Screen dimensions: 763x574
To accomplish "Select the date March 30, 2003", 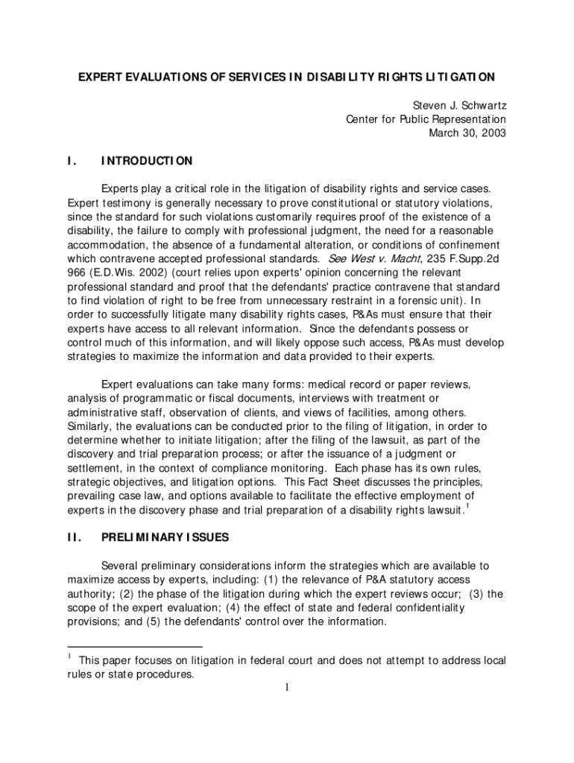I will tap(467, 133).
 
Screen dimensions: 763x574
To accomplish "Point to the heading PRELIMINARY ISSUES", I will tap(165, 536).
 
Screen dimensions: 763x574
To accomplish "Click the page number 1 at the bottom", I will tap(286, 688).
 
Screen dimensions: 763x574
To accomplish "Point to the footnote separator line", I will tap(134, 646).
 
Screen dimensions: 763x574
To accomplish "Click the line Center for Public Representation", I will tap(426, 119).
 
